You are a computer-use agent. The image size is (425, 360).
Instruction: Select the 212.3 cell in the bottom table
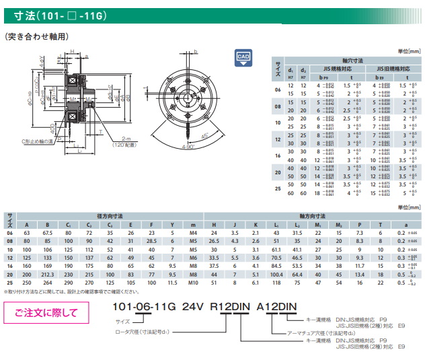pyautogui.click(x=48, y=275)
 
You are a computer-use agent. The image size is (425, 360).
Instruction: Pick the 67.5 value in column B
pyautogui.click(x=48, y=232)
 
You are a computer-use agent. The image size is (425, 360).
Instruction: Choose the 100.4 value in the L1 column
pyautogui.click(x=276, y=275)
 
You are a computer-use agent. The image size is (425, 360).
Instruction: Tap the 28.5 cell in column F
pyautogui.click(x=152, y=241)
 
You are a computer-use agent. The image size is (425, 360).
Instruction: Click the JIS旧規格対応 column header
pyautogui.click(x=391, y=68)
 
